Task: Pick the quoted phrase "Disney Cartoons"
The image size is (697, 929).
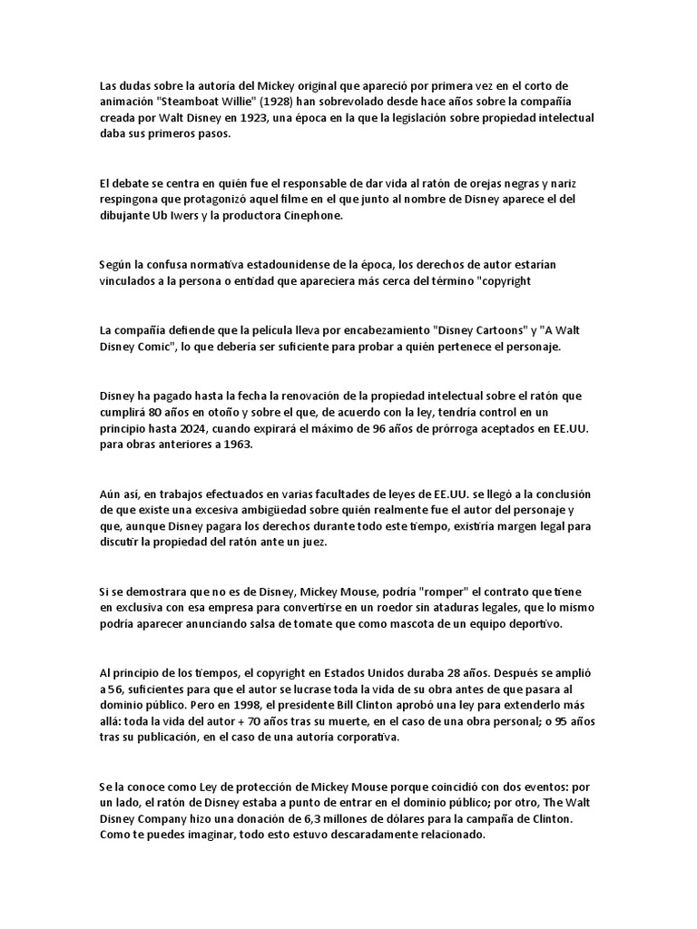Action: click(x=479, y=330)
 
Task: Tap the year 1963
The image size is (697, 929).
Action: click(x=258, y=446)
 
